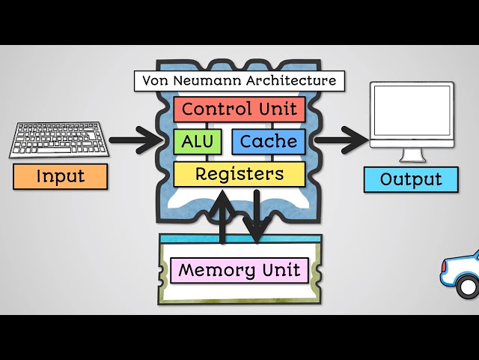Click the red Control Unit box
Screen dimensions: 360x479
239,109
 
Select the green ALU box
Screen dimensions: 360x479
198,141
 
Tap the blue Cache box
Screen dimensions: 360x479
268,141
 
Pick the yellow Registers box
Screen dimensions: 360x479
239,174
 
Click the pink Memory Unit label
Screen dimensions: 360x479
239,270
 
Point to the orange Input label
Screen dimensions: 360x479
60,177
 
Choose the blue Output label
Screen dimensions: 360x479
411,180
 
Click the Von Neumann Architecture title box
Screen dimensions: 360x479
239,80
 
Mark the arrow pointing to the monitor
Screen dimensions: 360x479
341,139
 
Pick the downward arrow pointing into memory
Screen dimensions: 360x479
257,217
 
